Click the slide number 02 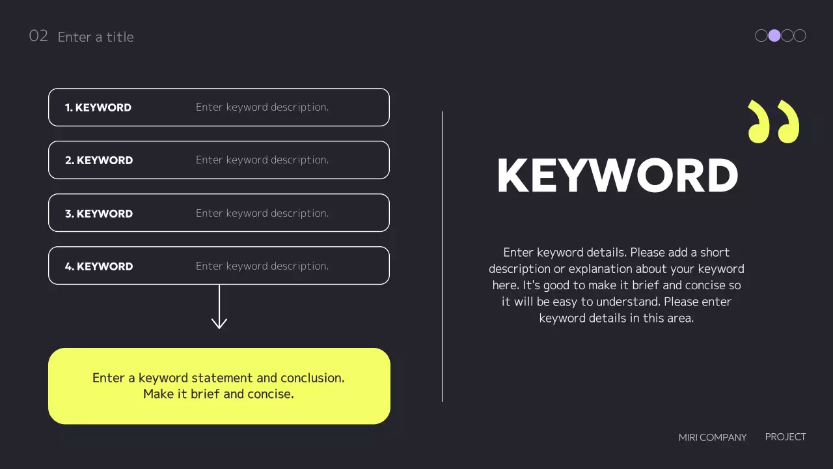(38, 36)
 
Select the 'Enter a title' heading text (96, 37)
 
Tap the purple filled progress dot (774, 36)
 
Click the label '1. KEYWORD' (98, 107)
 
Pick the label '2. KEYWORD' (99, 160)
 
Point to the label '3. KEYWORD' (99, 214)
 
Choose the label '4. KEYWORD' (99, 266)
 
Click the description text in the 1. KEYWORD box (262, 107)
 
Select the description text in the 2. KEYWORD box (262, 160)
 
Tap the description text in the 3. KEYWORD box (262, 213)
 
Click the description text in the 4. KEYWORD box (262, 266)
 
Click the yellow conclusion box (219, 386)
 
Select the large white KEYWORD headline (617, 176)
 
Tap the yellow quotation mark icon (773, 121)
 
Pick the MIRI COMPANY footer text (713, 438)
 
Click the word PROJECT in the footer (785, 437)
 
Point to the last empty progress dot (800, 36)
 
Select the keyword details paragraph (616, 285)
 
